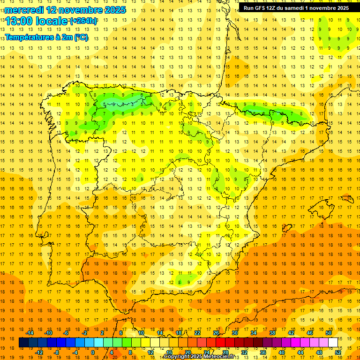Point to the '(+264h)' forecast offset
pos(83,21)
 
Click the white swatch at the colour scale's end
pos(333,343)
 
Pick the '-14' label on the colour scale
pos(30,333)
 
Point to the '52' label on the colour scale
pos(338,352)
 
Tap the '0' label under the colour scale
pos(92,352)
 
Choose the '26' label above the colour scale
pos(216,333)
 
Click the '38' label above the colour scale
pos(272,333)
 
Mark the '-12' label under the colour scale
pos(39,352)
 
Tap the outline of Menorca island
pos(347,199)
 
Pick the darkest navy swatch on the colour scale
pos(23,343)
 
